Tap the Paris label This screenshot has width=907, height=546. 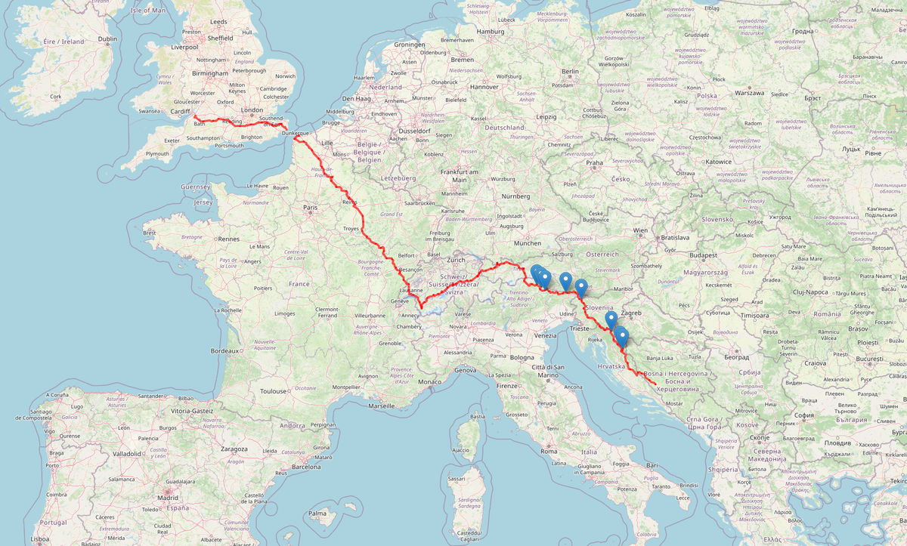point(310,207)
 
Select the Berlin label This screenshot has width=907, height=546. point(570,71)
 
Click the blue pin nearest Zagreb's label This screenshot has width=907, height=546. point(611,320)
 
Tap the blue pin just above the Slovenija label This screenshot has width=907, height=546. point(580,287)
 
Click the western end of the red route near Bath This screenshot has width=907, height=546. point(194,116)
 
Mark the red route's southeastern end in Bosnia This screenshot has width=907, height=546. point(655,387)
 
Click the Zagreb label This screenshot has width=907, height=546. point(631,313)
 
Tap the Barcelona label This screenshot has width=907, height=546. point(306,466)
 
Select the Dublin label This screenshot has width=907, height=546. point(107,39)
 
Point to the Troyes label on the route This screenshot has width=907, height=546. point(351,227)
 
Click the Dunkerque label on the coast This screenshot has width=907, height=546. point(296,134)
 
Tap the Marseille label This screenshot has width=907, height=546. point(382,406)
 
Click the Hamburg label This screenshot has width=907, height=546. point(490,31)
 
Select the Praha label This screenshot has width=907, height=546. point(594,162)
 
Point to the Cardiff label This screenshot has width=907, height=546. point(180,111)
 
